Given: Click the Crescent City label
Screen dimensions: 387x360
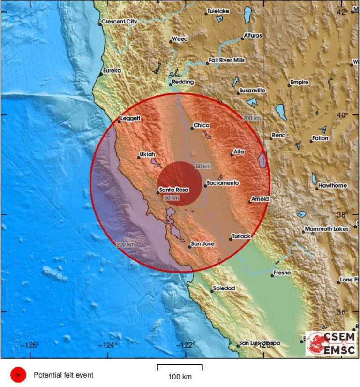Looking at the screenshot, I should tap(119, 22).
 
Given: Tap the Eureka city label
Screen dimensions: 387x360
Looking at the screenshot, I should tap(112, 70).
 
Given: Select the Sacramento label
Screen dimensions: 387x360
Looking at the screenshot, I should tap(223, 182).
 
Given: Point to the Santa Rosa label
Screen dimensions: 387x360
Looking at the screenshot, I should tap(174, 190).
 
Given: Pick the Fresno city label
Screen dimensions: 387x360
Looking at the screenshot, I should tap(283, 273).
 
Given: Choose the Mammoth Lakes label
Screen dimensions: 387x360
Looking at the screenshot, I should tap(327, 229).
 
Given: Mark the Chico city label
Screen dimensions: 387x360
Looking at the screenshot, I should tap(202, 125).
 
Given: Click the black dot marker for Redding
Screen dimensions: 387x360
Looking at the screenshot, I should tap(171, 84).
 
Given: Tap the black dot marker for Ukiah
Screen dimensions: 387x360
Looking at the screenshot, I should tap(139, 157).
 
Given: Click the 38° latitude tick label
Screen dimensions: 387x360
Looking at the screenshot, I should tap(355, 215).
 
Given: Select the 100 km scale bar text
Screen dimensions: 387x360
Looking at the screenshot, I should tap(180, 376).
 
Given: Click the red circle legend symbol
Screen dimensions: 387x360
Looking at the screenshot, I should tap(18, 375).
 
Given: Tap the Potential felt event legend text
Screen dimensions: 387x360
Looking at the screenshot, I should tap(63, 375).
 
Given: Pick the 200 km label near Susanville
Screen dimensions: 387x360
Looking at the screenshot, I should tap(252, 118).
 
